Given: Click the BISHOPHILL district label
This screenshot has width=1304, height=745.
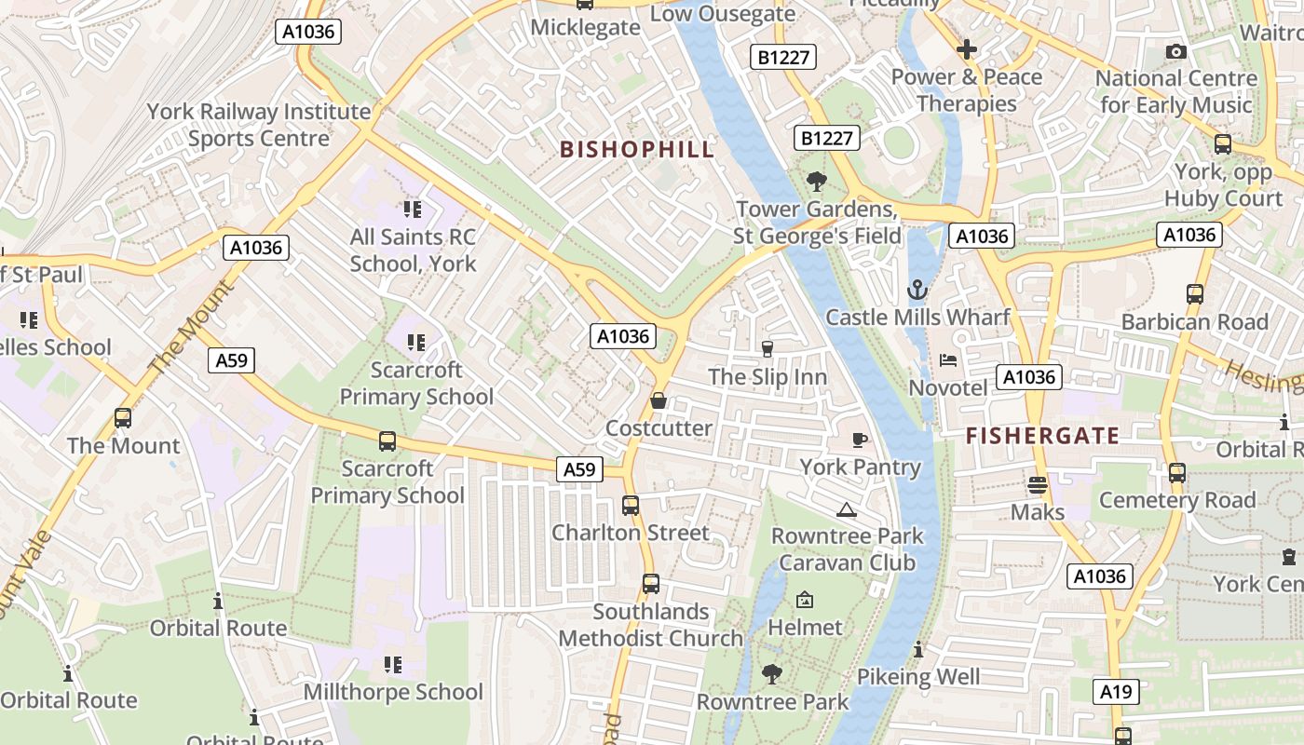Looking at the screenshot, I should (x=637, y=149).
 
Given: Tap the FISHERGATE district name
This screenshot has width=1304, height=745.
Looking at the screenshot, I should (x=1042, y=435).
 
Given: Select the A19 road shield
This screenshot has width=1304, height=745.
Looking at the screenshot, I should (x=1115, y=691).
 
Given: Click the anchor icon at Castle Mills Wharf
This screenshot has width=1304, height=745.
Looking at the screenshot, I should (x=917, y=291).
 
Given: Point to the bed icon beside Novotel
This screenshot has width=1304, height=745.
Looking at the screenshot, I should (x=948, y=360).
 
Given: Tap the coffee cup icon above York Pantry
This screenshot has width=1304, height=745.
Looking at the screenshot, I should (x=860, y=440).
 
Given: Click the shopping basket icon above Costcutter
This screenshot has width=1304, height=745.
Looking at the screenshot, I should (x=659, y=401).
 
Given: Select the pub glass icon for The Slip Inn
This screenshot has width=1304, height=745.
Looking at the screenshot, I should (x=767, y=349).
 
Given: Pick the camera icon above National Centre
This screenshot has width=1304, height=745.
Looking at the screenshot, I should (x=1176, y=51).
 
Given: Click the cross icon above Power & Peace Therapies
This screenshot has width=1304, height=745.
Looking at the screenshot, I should (x=967, y=49).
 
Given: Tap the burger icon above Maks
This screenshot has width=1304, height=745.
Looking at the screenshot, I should (x=1038, y=485).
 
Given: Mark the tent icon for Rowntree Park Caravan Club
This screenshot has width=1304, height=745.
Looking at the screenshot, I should (x=846, y=509).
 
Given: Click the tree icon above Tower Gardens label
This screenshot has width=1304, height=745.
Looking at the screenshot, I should (x=817, y=182).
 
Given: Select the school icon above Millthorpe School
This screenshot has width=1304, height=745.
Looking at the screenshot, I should (x=393, y=665).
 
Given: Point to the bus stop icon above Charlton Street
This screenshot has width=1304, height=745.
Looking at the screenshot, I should (x=631, y=506).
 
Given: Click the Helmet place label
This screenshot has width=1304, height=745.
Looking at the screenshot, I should (x=805, y=628).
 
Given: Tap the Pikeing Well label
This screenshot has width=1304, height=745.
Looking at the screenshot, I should (x=918, y=677).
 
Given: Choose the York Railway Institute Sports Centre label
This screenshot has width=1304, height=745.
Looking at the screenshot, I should (x=259, y=125).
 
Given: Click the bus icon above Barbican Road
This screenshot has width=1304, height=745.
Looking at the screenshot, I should (x=1195, y=295).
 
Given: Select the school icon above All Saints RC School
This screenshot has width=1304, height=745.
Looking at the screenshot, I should (x=413, y=210).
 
